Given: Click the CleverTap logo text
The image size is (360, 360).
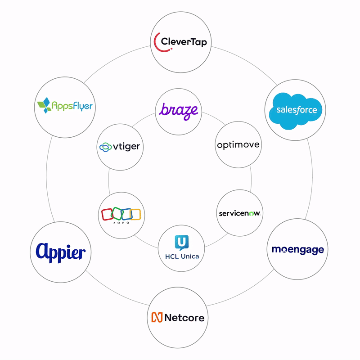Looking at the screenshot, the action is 184,42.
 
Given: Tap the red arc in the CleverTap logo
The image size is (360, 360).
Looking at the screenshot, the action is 155,44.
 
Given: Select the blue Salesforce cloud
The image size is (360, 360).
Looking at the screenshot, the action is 296,111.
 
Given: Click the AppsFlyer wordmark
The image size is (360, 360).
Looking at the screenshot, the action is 72,106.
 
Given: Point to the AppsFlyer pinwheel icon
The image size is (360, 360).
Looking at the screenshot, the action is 45,105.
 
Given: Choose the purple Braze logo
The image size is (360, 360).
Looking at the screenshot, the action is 179,111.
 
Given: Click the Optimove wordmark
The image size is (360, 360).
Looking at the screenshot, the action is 238,145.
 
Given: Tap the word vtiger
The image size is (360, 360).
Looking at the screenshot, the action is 126,147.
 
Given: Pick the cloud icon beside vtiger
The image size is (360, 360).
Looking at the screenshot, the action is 105,147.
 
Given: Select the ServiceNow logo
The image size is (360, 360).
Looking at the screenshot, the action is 240,213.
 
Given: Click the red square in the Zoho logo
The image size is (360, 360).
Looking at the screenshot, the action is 107,215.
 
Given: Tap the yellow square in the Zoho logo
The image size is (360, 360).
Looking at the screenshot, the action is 135,214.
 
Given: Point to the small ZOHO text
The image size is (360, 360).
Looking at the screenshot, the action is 121,223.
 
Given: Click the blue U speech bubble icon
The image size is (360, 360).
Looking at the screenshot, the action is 182,243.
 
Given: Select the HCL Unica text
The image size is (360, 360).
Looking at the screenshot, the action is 182,256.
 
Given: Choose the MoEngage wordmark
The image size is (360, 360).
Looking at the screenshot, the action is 298,250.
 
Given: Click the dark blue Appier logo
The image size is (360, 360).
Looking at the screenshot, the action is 61,252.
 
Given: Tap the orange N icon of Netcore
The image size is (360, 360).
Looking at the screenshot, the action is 157,317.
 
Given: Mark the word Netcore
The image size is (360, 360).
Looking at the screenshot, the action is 184,318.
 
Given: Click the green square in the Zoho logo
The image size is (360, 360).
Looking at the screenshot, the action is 117,213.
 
